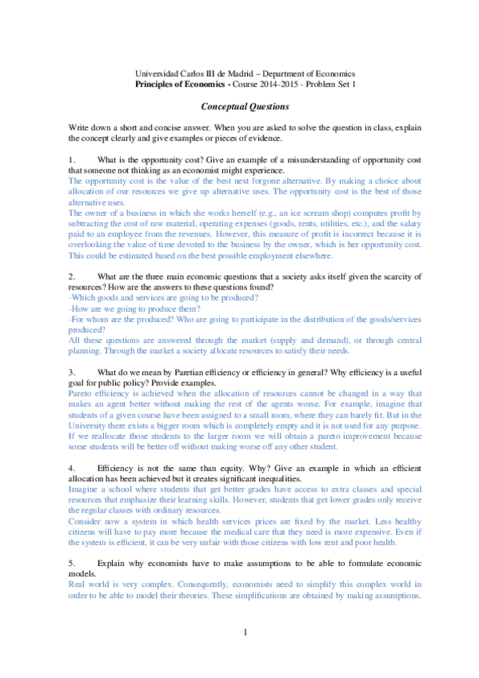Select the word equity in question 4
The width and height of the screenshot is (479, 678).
click(x=225, y=466)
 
